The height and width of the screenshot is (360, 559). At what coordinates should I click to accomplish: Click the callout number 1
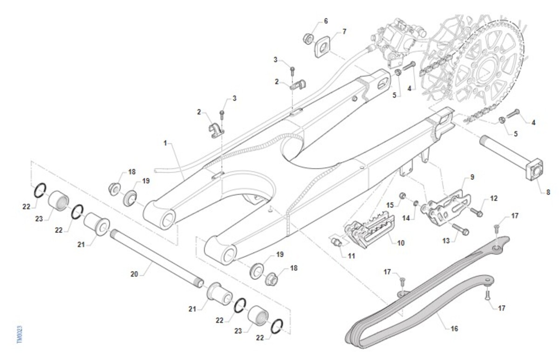tap(165, 143)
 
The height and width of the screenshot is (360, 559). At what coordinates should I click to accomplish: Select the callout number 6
tap(326, 21)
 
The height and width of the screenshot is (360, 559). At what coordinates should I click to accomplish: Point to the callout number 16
tap(454, 328)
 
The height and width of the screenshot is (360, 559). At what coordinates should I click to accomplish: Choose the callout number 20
tap(134, 275)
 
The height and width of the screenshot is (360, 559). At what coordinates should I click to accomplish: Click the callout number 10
tap(401, 243)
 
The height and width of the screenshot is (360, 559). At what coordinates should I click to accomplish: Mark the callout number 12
tap(494, 198)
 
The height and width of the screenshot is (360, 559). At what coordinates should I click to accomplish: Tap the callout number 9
tap(472, 177)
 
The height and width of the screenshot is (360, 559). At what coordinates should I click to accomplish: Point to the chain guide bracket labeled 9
tap(449, 205)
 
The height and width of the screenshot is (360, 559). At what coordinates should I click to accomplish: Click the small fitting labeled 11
tap(336, 241)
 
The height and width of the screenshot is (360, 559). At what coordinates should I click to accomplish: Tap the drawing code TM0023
tap(19, 334)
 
